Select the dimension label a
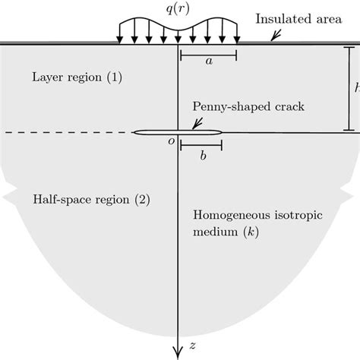click(209, 66)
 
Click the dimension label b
click(202, 159)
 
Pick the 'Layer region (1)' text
click(66, 77)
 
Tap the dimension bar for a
click(208, 55)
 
